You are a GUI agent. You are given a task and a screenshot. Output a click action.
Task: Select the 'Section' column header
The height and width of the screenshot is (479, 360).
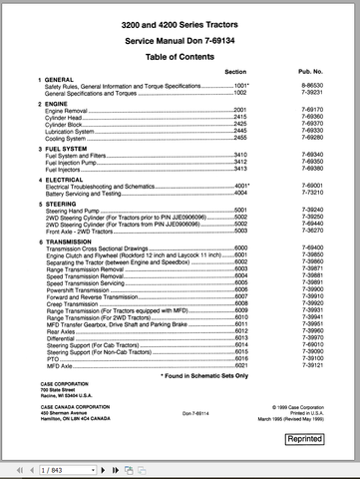(235, 74)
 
